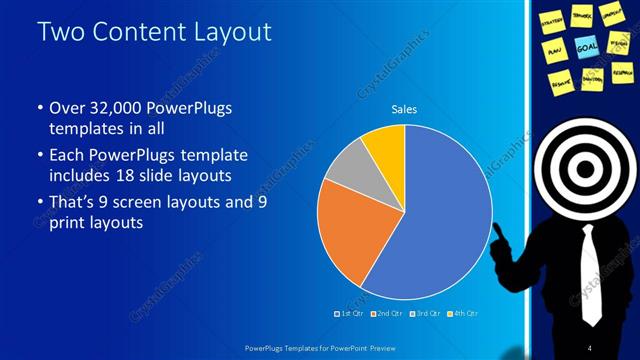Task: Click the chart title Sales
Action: (404, 109)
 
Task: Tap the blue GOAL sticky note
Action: (586, 46)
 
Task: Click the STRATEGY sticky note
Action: (552, 19)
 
